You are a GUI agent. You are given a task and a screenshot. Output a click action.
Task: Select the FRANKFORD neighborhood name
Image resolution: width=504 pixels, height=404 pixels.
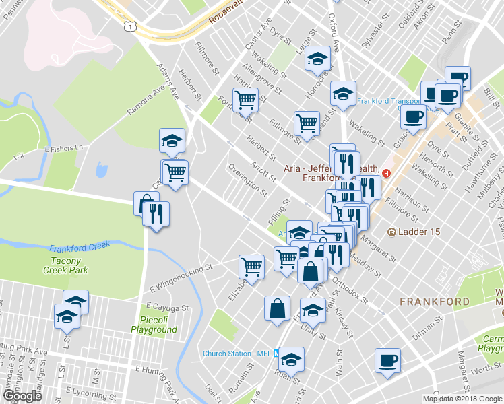pos(444,301)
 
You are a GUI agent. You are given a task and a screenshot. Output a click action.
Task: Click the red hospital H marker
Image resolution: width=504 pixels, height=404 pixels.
pos(386,173)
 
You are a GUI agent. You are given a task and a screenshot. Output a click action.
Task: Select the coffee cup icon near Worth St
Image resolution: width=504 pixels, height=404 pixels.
pos(387,359)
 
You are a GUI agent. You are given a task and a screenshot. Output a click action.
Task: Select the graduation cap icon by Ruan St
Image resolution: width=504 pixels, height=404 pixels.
pos(292,359)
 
